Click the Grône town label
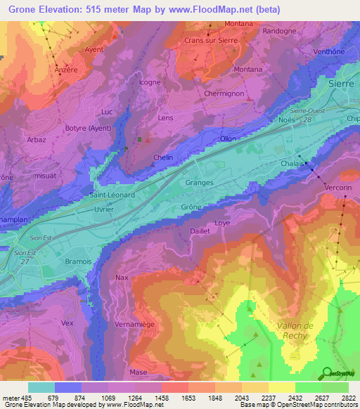click(x=191, y=207)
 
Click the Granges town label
click(x=199, y=183)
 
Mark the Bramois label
click(x=79, y=261)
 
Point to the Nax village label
click(x=122, y=278)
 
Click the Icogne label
click(x=149, y=82)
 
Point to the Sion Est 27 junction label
click(x=25, y=257)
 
